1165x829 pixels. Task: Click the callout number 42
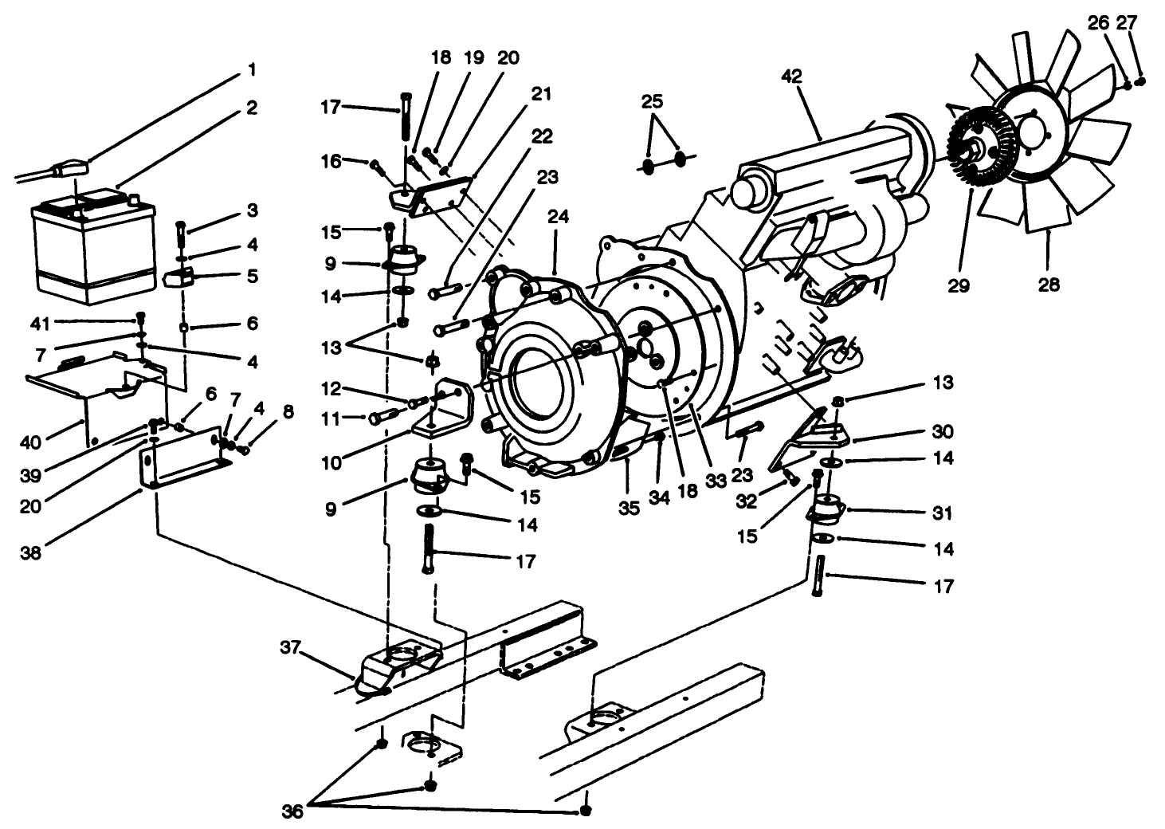(x=791, y=77)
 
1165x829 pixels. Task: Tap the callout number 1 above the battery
(x=252, y=70)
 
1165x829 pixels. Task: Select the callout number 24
(x=558, y=216)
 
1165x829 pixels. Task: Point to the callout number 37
(x=291, y=647)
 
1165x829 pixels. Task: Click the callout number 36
(x=292, y=811)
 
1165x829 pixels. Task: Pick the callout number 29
(x=959, y=285)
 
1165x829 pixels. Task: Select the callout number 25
(x=652, y=103)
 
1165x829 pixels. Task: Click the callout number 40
(x=31, y=442)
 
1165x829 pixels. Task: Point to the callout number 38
(x=30, y=552)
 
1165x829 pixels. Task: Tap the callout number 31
(x=943, y=513)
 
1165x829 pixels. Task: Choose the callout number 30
(x=943, y=431)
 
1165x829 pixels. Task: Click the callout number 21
(x=541, y=94)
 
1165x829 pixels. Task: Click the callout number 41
(x=41, y=323)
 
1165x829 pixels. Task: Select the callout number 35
(x=630, y=508)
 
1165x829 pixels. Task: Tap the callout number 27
(x=1126, y=24)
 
